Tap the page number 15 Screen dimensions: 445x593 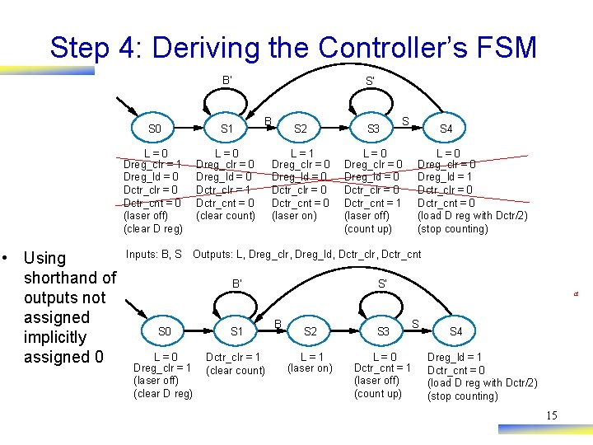tap(552, 415)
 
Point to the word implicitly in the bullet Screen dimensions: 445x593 tap(55, 337)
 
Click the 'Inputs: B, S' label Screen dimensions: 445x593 tap(154, 255)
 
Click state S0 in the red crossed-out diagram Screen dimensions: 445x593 tap(155, 129)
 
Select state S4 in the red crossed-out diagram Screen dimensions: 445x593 tap(446, 129)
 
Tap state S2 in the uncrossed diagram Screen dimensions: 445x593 tap(311, 331)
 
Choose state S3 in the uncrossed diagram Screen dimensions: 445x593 tap(383, 331)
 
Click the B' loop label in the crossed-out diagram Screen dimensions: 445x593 tap(226, 80)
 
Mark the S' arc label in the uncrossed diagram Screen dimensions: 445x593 tap(382, 284)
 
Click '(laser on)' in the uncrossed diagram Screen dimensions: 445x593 tap(310, 368)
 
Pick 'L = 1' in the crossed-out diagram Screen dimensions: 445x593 tap(301, 153)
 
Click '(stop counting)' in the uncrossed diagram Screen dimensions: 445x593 tap(463, 396)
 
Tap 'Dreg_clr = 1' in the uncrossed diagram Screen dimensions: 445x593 tap(163, 368)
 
